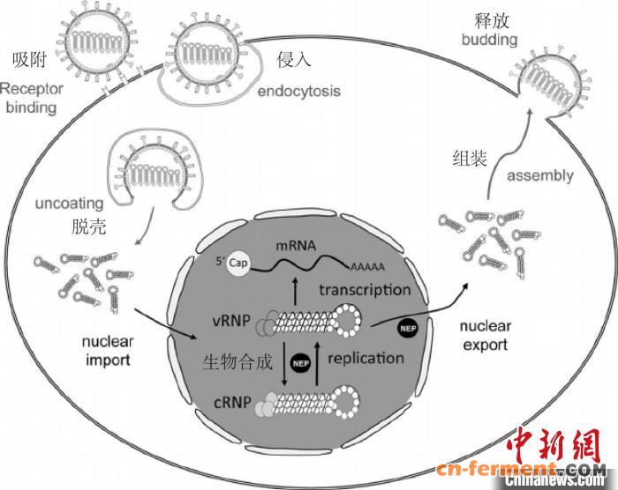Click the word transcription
pos(365,290)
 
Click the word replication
pos(365,358)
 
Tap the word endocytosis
pos(298,91)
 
